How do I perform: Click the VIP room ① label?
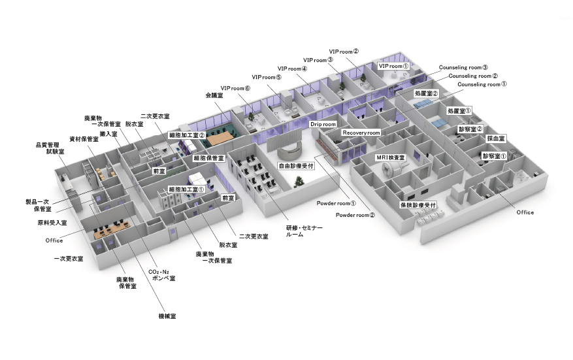tap(393, 66)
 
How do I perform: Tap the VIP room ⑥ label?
tap(235, 88)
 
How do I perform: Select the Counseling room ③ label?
tap(463, 67)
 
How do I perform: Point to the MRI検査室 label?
tap(390, 157)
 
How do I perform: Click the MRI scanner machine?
tap(393, 170)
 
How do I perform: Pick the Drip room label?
tap(323, 124)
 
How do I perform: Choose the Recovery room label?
tap(361, 133)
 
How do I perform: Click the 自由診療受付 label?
tap(296, 166)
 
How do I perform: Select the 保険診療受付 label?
tap(418, 205)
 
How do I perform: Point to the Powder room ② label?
tap(355, 215)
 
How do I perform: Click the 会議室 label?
tap(214, 95)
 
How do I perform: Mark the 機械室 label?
tap(167, 316)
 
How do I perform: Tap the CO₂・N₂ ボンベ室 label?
tap(162, 275)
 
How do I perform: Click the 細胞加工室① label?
tap(187, 189)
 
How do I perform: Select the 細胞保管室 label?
tap(208, 158)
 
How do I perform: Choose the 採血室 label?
tap(496, 139)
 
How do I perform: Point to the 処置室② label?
tap(426, 93)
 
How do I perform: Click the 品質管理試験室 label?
tap(50, 148)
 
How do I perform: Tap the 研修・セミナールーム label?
tap(304, 231)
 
